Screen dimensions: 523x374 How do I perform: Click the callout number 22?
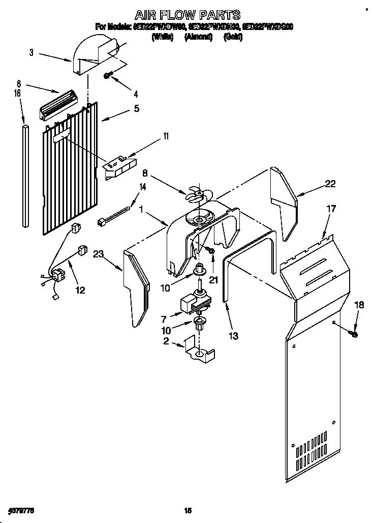pos(330,184)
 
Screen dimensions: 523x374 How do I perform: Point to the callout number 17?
pos(331,208)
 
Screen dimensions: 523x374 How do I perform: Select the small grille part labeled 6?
pos(58,105)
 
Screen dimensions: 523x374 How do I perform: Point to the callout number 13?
pos(233,336)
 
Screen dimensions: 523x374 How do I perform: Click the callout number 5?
pos(136,108)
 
